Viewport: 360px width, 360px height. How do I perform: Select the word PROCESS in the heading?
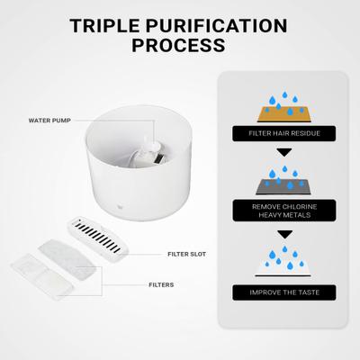[x=179, y=44]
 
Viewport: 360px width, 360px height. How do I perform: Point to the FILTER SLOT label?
[x=186, y=254]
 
